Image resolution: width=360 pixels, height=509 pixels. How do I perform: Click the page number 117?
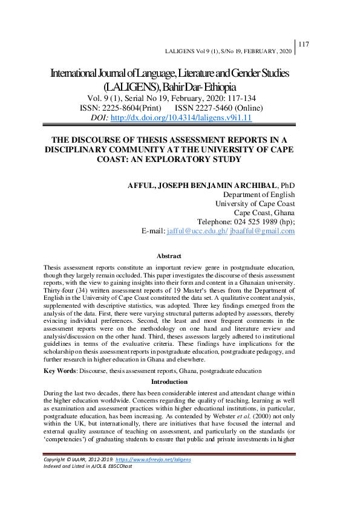click(304, 44)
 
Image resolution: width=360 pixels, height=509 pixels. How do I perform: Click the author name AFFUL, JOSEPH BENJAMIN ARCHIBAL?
click(203, 184)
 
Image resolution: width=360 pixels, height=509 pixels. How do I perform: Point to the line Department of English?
click(259, 194)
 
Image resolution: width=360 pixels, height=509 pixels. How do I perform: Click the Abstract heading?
click(169, 256)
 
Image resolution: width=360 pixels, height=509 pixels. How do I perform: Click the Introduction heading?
click(169, 381)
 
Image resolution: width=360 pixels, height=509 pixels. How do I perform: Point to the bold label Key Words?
click(60, 369)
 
